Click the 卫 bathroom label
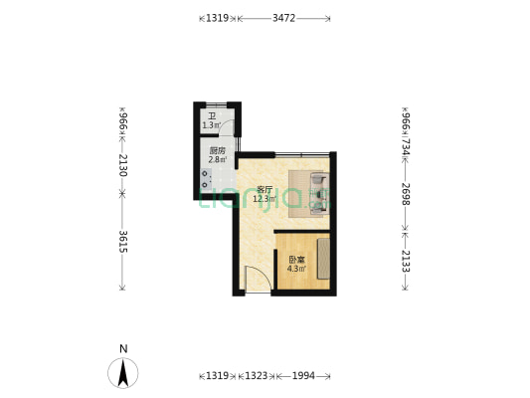(211, 116)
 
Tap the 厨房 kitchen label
(217, 151)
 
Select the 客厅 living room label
(265, 189)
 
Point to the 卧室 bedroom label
(296, 260)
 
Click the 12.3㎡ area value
(265, 198)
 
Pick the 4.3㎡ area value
(296, 269)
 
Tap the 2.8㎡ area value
(217, 160)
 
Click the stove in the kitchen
(206, 179)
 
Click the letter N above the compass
(122, 348)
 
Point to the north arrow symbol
(122, 372)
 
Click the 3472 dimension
(283, 18)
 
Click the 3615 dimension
(122, 242)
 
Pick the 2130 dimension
(122, 165)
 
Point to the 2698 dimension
(404, 194)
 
